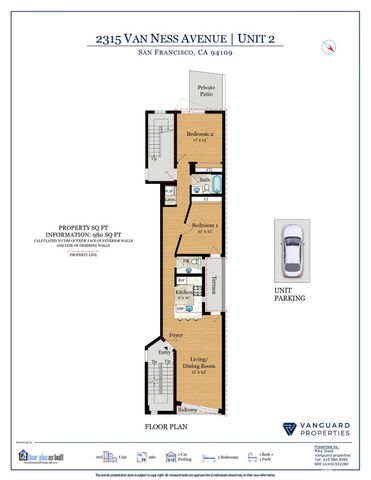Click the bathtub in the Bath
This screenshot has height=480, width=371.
tap(213, 187)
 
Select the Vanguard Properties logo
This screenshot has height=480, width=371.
tap(312, 428)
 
